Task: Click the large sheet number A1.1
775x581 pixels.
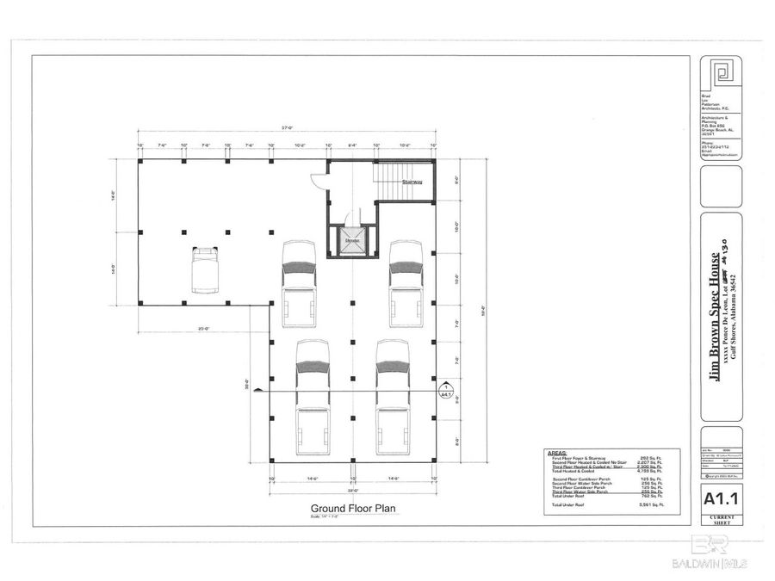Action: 721,498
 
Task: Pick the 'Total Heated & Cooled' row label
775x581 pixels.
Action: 573,473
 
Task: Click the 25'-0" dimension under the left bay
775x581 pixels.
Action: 205,328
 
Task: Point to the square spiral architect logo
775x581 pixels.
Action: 721,75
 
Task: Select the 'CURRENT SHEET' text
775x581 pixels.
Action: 721,517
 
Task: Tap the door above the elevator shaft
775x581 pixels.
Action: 351,219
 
